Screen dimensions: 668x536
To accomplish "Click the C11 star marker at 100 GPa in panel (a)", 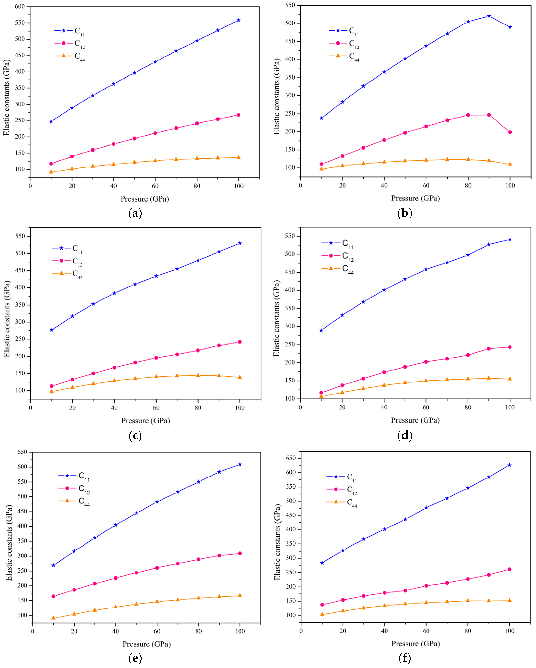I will pos(238,20).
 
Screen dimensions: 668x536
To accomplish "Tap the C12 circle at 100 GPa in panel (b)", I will pos(510,132).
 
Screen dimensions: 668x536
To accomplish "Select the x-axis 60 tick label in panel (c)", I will pos(156,408).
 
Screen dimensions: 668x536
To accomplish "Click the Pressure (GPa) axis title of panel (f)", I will pos(415,644).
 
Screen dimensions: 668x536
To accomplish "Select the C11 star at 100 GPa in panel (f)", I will pos(509,465).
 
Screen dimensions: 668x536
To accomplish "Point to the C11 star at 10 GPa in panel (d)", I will pos(321,331).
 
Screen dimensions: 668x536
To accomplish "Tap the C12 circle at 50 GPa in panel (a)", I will pos(134,139).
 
